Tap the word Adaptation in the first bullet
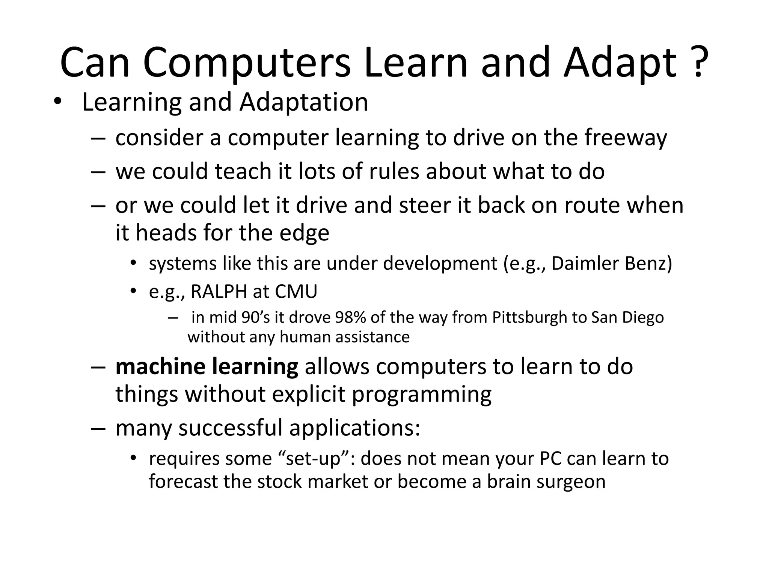coord(304,102)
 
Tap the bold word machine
coord(160,366)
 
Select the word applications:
coord(354,428)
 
